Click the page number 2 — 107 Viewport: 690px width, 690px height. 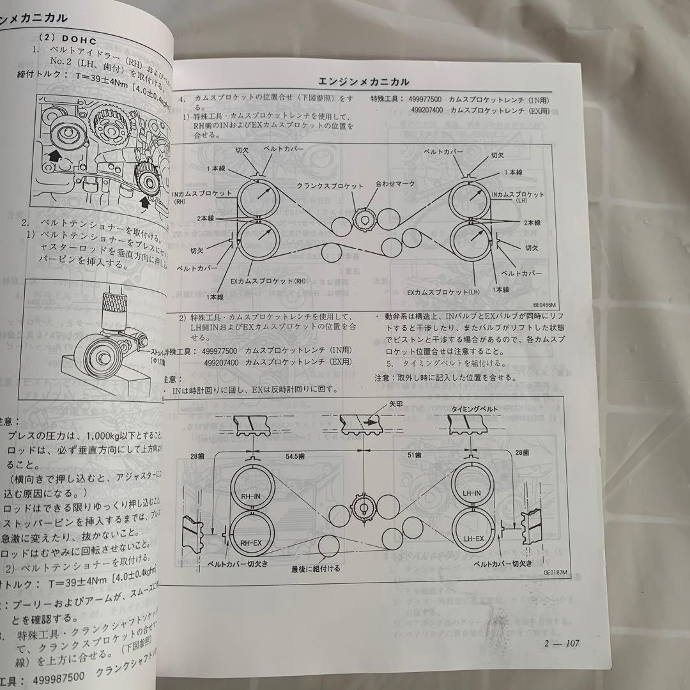coord(560,643)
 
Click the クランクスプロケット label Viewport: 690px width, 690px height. coord(330,186)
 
